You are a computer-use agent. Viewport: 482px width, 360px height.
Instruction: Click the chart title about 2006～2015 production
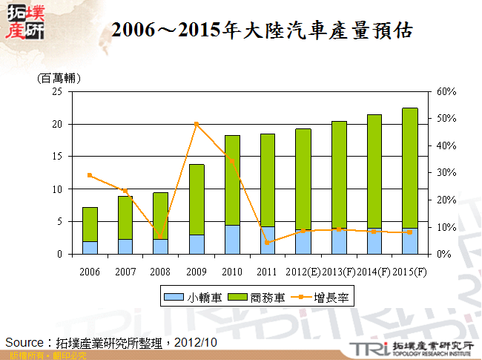pos(261,30)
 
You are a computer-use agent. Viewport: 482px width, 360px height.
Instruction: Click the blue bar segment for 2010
pos(232,240)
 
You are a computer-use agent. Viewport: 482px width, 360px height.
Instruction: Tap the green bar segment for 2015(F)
pos(410,168)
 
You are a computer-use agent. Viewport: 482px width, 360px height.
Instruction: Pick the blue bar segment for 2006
pos(90,247)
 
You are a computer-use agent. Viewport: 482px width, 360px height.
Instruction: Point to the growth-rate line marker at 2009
pos(197,124)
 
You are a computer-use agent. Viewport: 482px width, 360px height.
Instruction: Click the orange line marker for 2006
pos(90,175)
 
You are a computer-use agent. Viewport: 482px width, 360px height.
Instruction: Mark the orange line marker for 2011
pos(268,243)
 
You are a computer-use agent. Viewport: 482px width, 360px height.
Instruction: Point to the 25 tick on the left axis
pos(56,92)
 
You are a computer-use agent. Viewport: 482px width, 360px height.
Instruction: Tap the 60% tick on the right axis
pos(446,92)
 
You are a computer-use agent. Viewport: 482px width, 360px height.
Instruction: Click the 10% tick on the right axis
pos(446,227)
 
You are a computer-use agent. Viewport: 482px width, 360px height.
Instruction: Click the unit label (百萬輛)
pos(59,78)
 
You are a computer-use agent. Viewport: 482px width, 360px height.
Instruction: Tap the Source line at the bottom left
pos(111,342)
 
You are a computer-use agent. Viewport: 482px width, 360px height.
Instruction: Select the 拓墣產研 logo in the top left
pos(24,22)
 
